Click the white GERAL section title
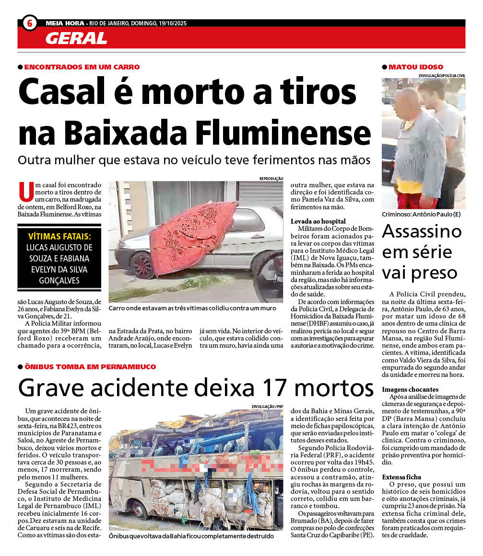coord(76,38)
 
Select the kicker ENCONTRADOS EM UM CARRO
coord(82,67)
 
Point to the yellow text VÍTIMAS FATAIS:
coord(59,237)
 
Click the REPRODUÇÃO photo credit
coord(271,178)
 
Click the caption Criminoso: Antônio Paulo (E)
coord(421,214)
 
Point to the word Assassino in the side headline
coord(422,232)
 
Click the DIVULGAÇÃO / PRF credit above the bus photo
coord(268,407)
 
